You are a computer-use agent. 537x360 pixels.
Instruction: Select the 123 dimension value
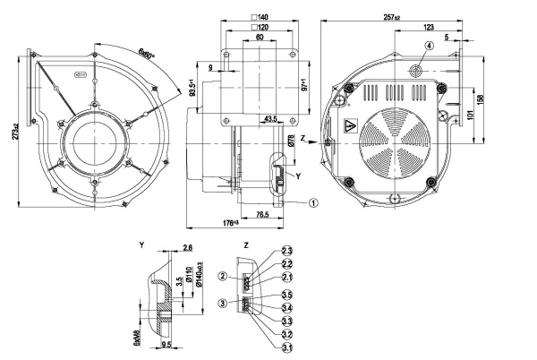(430, 28)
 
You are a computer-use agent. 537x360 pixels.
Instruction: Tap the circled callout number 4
(429, 46)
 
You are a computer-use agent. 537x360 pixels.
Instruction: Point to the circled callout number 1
(313, 202)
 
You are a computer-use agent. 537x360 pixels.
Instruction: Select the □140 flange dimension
(261, 17)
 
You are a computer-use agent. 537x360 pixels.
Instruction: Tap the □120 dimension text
(261, 28)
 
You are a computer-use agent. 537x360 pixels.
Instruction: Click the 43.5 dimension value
(269, 118)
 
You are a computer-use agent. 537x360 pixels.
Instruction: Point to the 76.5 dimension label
(260, 215)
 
